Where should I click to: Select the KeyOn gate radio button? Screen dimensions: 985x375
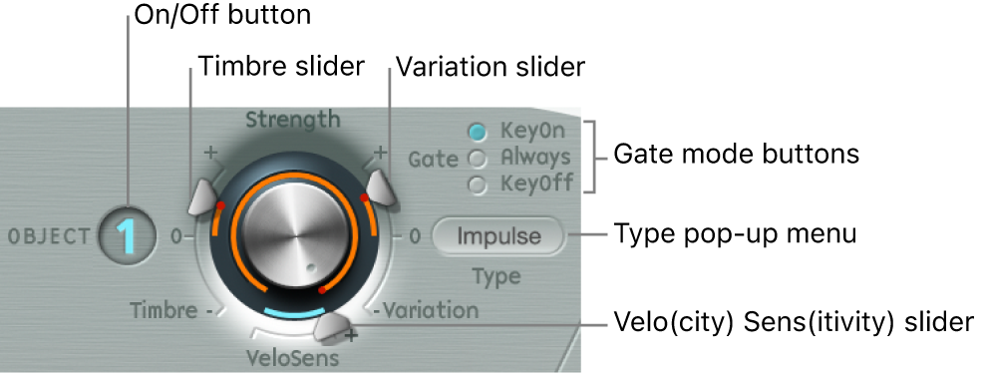tap(478, 131)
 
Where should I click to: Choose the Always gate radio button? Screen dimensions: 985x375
tap(478, 158)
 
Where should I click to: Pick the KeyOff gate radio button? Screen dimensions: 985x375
tap(478, 185)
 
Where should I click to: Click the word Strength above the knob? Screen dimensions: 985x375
tap(292, 121)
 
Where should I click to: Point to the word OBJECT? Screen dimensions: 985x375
tap(49, 237)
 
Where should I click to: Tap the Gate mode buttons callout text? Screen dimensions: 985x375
tap(736, 156)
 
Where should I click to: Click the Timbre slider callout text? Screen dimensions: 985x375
tap(281, 67)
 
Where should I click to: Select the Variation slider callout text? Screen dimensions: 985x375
tap(490, 67)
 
